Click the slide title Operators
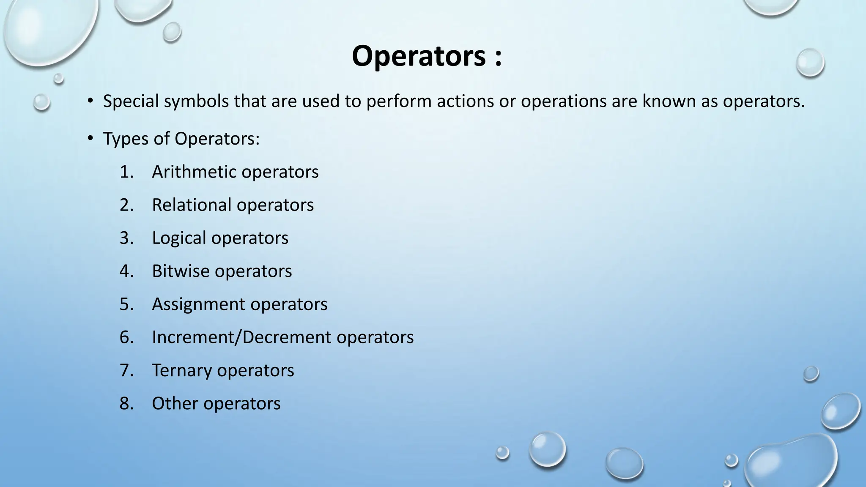[x=419, y=56]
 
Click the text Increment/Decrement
[x=241, y=337]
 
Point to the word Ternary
[x=181, y=370]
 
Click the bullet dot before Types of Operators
[x=90, y=138]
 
